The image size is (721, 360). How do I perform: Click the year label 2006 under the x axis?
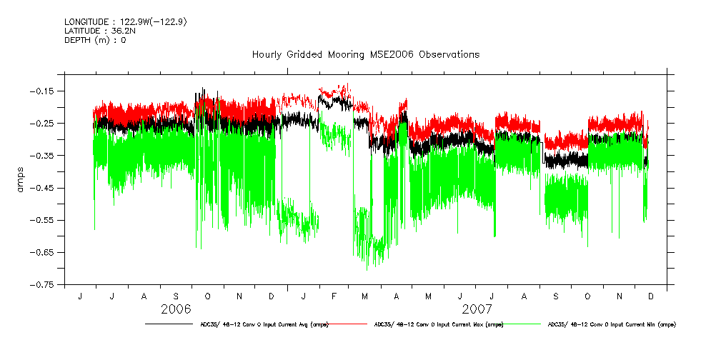pyautogui.click(x=176, y=309)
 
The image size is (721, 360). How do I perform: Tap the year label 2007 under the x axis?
pyautogui.click(x=477, y=309)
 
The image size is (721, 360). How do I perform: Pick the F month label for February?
pyautogui.click(x=334, y=296)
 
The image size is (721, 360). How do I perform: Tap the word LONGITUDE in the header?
pyautogui.click(x=88, y=22)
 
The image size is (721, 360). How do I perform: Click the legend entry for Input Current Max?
pyautogui.click(x=439, y=324)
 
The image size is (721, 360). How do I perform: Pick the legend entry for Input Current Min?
pyautogui.click(x=611, y=324)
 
